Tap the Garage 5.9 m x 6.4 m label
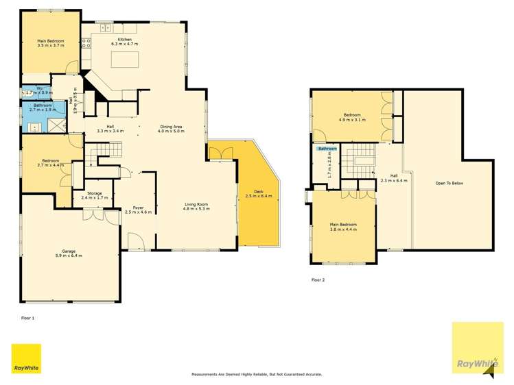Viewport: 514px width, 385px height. click(68, 253)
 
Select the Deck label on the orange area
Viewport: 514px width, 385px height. click(259, 194)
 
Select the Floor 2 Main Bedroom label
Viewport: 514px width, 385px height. click(343, 227)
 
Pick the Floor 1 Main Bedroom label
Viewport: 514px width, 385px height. click(51, 43)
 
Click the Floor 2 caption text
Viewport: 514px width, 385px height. click(318, 280)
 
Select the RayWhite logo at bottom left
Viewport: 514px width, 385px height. click(26, 359)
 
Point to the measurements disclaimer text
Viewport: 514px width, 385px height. click(256, 375)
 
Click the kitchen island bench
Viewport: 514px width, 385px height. click(125, 60)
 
